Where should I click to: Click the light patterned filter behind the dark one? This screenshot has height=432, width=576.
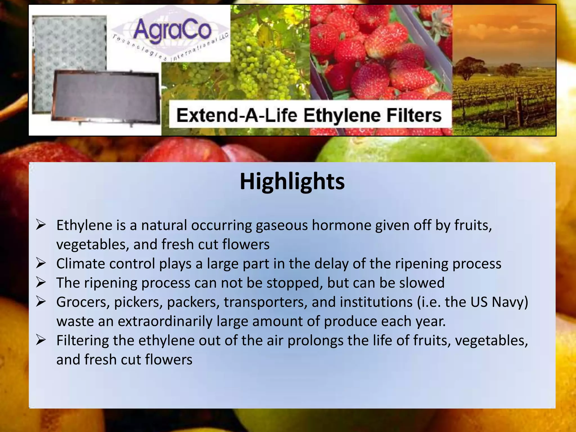(x=69, y=42)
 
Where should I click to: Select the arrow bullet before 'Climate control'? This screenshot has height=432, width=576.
(x=41, y=264)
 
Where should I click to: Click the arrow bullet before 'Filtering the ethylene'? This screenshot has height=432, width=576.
(x=41, y=340)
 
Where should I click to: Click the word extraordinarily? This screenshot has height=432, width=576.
(x=165, y=321)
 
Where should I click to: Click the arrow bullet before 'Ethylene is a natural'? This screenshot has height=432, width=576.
(x=41, y=225)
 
